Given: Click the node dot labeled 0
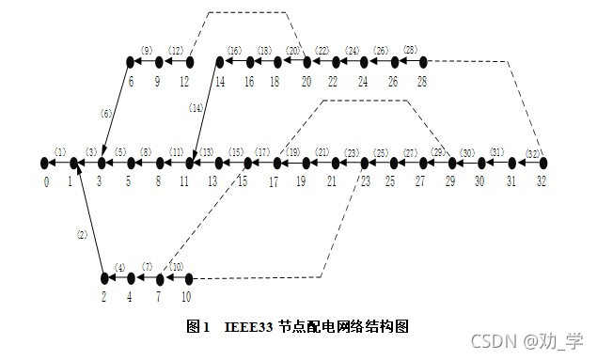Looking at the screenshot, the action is click(x=44, y=163).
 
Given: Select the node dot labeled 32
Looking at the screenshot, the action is click(x=542, y=163).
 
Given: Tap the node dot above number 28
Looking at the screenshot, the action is click(x=423, y=62).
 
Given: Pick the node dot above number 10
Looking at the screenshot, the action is click(x=189, y=278).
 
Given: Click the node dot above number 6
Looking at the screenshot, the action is click(x=130, y=62).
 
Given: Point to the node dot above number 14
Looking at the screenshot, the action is click(x=219, y=62).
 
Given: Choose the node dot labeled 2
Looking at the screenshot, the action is click(x=104, y=278).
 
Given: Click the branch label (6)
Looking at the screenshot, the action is click(x=106, y=114).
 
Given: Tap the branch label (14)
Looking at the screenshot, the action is click(x=196, y=108).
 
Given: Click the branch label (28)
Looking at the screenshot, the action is click(x=410, y=50).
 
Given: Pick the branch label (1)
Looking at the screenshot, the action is click(x=60, y=151).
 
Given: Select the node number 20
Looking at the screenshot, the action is click(x=306, y=81).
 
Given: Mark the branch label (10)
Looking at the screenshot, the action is click(x=176, y=267).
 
